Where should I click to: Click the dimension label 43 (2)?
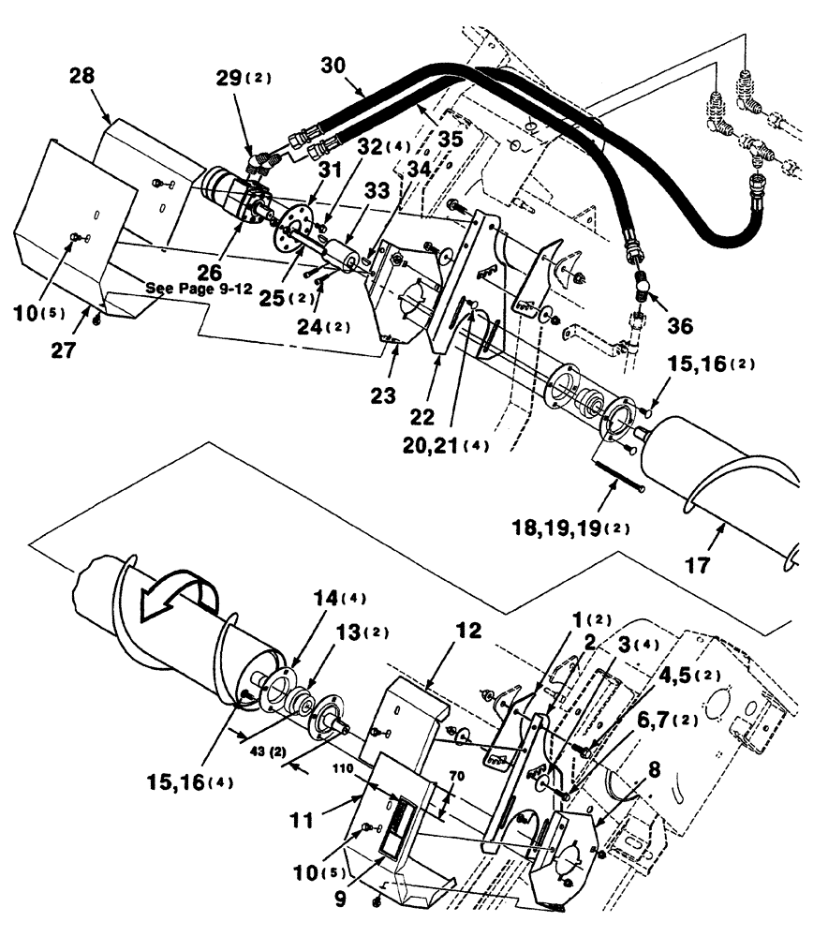(287, 752)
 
